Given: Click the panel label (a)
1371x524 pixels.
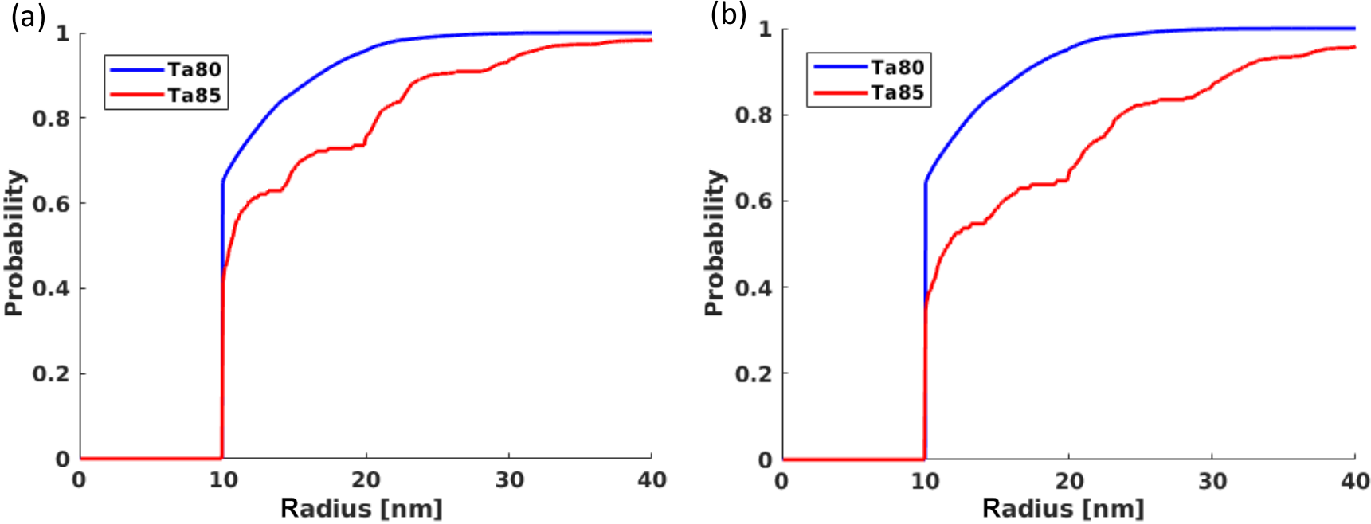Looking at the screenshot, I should (27, 17).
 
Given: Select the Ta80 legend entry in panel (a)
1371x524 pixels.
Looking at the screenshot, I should (194, 70).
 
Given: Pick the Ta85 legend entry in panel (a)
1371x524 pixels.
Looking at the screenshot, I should (194, 96).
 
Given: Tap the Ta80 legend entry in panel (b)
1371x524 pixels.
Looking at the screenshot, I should (896, 68).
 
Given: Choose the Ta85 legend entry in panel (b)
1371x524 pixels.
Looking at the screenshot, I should (896, 93).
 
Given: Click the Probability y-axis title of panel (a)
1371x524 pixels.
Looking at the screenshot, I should (14, 243).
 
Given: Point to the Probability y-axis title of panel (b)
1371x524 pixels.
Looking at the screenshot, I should (715, 243).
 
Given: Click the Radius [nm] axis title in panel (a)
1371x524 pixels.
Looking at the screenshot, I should (361, 508).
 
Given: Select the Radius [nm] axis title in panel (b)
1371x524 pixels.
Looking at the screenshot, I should (1063, 508).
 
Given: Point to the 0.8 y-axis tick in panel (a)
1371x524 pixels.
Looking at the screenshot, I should (50, 119).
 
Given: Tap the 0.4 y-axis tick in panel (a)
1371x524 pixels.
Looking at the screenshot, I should (50, 288).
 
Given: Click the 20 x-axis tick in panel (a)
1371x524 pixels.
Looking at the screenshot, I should (366, 480).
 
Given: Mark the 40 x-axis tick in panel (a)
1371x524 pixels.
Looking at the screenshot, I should (652, 480).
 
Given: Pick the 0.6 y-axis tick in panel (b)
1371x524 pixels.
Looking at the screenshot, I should (753, 201).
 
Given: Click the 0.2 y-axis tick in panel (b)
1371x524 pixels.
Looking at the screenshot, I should (753, 373).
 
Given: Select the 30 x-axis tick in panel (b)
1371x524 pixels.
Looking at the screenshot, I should (1212, 481).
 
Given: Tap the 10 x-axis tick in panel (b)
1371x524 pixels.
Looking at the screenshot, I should (925, 481).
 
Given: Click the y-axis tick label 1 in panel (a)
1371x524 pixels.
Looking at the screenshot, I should (62, 33).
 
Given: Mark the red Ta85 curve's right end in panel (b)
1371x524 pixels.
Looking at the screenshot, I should (1353, 47).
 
